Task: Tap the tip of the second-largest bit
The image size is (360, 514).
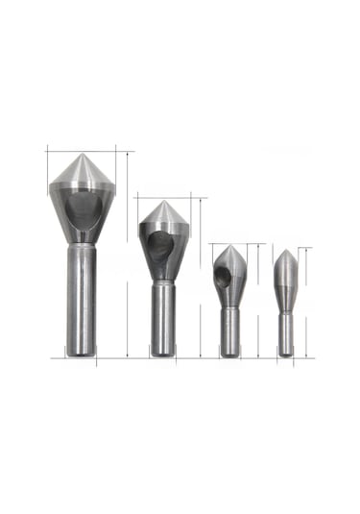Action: [163, 202]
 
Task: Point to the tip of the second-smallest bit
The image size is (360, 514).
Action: [230, 246]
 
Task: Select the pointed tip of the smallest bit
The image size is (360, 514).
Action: [286, 251]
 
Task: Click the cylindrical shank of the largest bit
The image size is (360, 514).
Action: [80, 298]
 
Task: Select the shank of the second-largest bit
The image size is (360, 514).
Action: [162, 317]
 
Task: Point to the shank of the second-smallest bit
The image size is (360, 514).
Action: [230, 330]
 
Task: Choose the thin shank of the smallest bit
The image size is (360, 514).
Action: [286, 331]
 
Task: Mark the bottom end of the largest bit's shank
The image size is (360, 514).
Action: [80, 356]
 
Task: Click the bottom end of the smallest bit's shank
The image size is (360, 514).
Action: [286, 355]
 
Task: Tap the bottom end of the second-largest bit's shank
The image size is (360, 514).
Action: [162, 355]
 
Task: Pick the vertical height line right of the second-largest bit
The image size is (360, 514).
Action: [201, 279]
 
